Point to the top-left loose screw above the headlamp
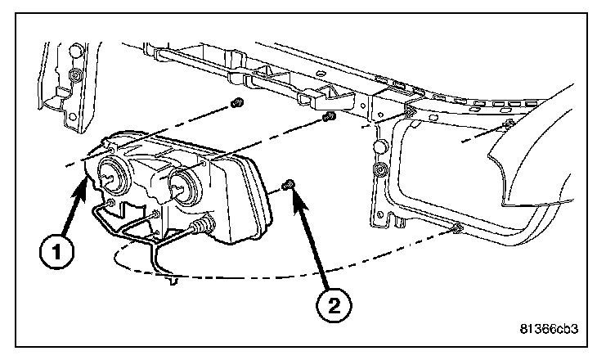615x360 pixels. [236, 104]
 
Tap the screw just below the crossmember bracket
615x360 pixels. [329, 119]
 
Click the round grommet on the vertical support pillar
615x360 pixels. [379, 171]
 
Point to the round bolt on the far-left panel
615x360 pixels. [75, 77]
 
